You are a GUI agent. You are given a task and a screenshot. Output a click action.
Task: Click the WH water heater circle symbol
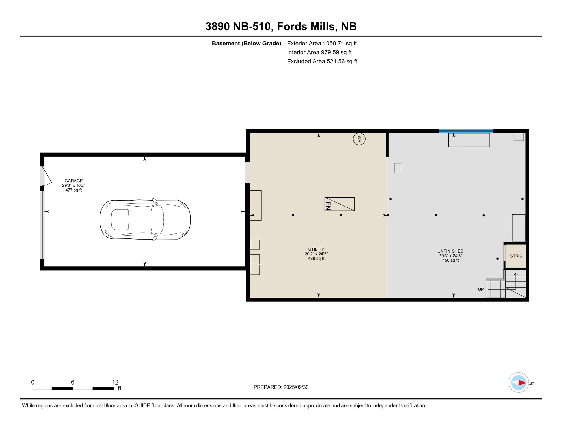(x=359, y=139)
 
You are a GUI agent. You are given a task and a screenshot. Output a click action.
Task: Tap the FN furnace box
(x=340, y=204)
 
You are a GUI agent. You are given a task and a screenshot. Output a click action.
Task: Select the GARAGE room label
(x=74, y=181)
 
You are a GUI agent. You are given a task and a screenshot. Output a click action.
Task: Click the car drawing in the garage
(x=145, y=220)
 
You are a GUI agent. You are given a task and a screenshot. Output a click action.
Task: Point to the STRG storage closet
(x=516, y=256)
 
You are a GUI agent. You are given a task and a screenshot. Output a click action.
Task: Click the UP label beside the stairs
(x=481, y=289)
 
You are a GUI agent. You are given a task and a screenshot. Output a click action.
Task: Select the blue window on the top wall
(x=466, y=131)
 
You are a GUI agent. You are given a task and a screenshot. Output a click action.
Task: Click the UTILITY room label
(x=316, y=249)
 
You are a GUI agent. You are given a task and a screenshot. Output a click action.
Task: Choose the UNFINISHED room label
(x=450, y=251)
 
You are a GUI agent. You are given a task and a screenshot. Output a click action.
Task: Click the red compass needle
(x=522, y=383)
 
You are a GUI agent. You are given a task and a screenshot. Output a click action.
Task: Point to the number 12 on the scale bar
(x=115, y=382)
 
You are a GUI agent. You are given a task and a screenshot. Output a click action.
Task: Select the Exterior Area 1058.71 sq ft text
(x=322, y=43)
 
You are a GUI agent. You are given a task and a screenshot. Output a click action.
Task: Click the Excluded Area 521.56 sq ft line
(x=322, y=61)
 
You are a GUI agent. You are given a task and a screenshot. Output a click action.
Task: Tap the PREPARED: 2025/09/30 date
(x=281, y=387)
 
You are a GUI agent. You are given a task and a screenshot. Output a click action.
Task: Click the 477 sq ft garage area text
(x=74, y=190)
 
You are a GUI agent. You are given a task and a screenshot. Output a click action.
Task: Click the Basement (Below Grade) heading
(x=246, y=43)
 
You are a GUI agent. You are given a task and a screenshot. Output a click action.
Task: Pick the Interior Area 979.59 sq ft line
(x=319, y=52)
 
